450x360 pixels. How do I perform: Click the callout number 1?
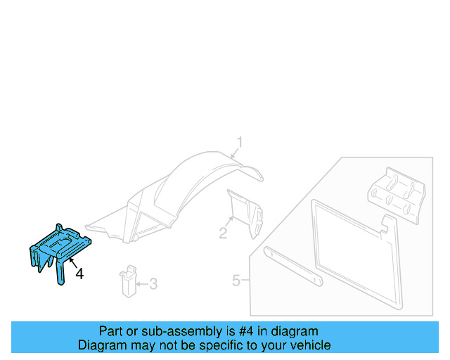point(239,143)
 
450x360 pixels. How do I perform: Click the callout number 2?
point(223,233)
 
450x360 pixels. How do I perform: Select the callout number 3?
point(153,284)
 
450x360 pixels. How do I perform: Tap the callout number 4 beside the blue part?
point(79,274)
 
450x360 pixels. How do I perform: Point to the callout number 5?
point(238,281)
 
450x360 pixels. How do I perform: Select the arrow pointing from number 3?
point(142,284)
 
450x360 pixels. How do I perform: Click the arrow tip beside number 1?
point(231,154)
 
